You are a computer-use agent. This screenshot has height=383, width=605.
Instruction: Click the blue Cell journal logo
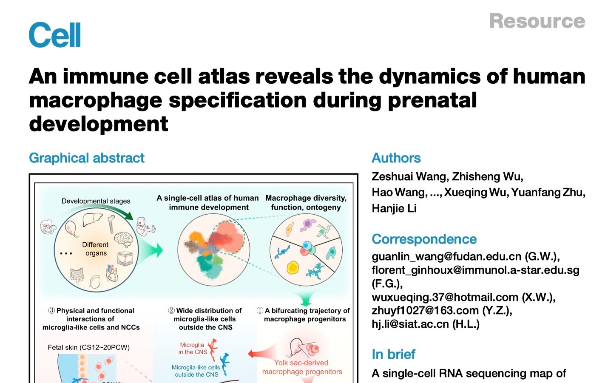(x=54, y=34)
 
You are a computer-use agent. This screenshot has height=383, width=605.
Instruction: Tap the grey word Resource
(x=537, y=21)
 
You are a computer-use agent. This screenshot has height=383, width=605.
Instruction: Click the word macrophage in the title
(x=96, y=100)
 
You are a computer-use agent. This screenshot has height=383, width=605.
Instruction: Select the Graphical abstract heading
(x=87, y=158)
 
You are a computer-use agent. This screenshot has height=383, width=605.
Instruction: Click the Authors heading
(x=396, y=158)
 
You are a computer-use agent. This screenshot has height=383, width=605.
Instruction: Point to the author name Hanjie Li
(x=394, y=208)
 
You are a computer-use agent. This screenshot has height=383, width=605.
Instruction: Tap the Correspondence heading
(x=424, y=239)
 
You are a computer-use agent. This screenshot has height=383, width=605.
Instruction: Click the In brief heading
(x=393, y=354)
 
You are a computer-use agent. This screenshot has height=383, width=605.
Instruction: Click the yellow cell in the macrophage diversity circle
(x=293, y=268)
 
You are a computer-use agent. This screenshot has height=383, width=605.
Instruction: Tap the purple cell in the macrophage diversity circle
(x=308, y=225)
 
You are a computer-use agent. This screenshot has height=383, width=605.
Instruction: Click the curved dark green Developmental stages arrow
(x=100, y=207)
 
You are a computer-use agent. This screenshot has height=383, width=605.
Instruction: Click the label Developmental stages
(x=96, y=201)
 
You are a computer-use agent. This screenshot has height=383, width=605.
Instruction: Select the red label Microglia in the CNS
(x=193, y=349)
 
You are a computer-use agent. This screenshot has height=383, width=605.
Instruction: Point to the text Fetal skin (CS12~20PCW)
(x=88, y=347)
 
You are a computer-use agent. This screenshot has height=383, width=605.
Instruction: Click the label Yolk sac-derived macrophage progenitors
(x=302, y=367)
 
